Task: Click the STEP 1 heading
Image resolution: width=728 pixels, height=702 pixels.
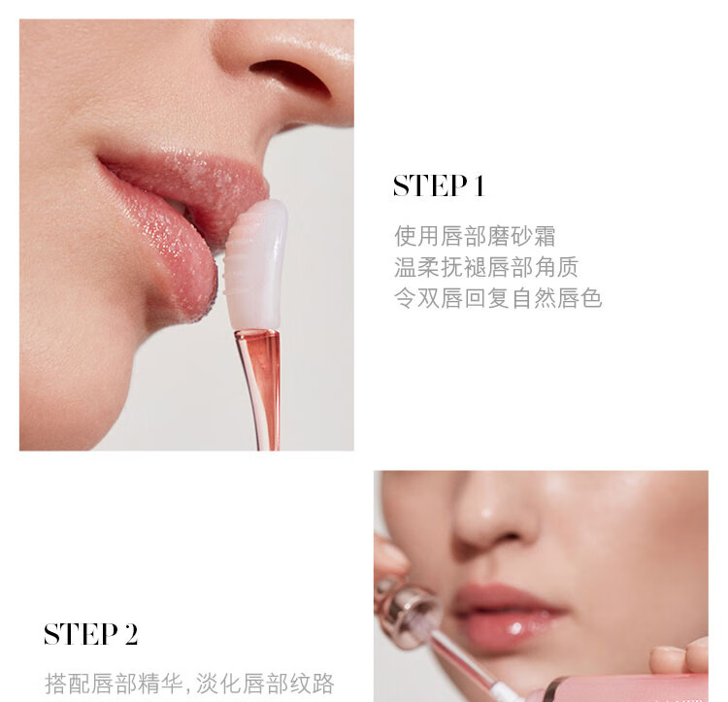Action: [439, 185]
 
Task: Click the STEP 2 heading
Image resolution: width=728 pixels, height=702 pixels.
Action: [91, 634]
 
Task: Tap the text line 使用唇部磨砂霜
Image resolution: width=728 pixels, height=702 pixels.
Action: [475, 236]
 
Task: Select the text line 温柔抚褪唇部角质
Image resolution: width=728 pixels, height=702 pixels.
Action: [486, 267]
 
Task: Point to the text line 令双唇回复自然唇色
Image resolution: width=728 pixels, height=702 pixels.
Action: [498, 298]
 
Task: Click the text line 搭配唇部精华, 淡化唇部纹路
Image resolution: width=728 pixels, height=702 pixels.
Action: [189, 684]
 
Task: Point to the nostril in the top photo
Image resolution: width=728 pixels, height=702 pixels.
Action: [290, 77]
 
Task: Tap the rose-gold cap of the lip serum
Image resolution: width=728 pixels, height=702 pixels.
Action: [407, 608]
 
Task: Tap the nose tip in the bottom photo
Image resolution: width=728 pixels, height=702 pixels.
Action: [487, 520]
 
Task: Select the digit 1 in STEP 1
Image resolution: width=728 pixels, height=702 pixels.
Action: [480, 185]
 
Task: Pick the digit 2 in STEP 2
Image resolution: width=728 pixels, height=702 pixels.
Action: [131, 634]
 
